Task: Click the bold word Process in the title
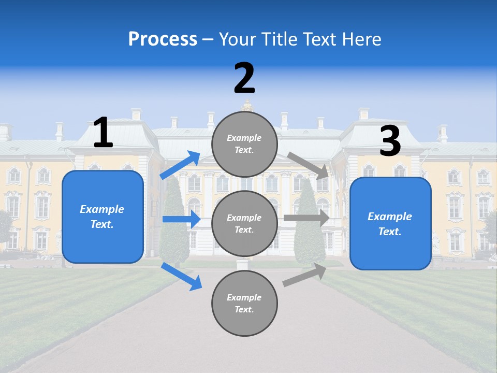[x=163, y=39]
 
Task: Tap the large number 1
[x=103, y=133]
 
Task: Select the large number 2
[x=244, y=78]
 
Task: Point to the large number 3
[x=390, y=141]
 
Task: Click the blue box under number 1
[x=103, y=217]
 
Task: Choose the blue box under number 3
[x=390, y=223]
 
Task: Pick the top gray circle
[x=244, y=144]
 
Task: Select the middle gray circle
[x=244, y=223]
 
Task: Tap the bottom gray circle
[x=244, y=303]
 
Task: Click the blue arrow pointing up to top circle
[x=180, y=165]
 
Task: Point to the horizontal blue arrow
[x=181, y=219]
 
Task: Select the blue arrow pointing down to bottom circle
[x=181, y=276]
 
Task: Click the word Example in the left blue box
[x=102, y=209]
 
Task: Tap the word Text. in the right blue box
[x=390, y=232]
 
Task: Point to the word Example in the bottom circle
[x=244, y=297]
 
